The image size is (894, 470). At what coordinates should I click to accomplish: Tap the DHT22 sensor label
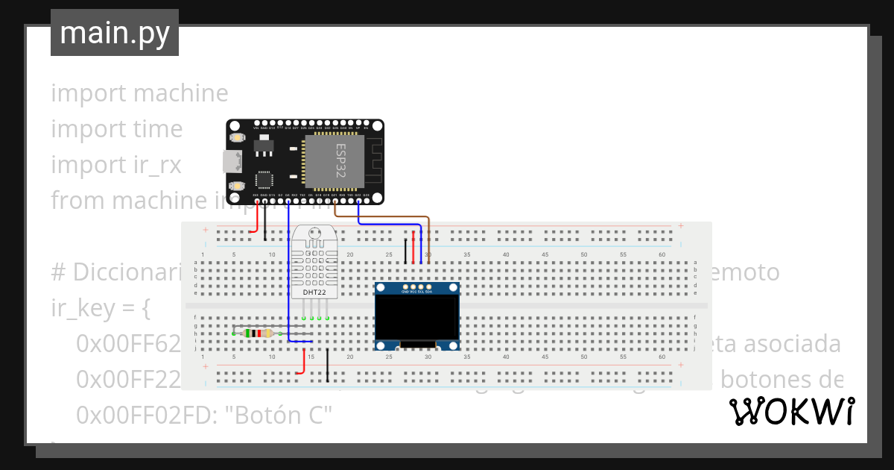pos(314,292)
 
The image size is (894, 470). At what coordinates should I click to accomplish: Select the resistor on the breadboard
pos(257,333)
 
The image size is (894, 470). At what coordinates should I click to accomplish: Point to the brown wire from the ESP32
pos(387,216)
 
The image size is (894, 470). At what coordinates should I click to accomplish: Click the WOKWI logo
pos(791,411)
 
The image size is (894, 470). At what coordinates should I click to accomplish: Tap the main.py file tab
pos(115,33)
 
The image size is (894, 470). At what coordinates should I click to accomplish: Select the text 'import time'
pos(116,129)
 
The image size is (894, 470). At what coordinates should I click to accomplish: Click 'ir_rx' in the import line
pos(153,165)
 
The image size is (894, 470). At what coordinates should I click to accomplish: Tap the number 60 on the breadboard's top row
pos(662,255)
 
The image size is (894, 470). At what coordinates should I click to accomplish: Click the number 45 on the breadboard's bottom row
pos(545,357)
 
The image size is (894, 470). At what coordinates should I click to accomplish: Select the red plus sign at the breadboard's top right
pos(680,225)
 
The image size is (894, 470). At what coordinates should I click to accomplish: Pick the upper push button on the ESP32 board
pos(238,138)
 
